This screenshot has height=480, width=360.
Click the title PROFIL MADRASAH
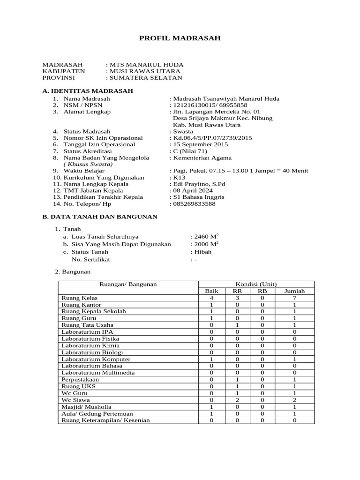[180, 38]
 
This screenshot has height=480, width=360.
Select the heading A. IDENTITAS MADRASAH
[88, 90]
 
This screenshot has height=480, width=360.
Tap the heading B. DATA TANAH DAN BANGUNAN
[100, 217]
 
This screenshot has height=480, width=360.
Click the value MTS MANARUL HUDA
[146, 65]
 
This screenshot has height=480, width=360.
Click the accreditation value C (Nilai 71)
[190, 151]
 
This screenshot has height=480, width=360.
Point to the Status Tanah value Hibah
[202, 252]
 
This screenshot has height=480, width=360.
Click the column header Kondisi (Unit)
[256, 284]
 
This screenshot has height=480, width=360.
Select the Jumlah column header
[294, 291]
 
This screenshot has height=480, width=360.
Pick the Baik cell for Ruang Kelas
[212, 298]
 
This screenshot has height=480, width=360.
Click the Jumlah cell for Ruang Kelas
[294, 298]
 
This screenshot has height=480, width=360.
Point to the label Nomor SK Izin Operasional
[103, 138]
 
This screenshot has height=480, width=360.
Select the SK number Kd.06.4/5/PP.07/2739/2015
[213, 138]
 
